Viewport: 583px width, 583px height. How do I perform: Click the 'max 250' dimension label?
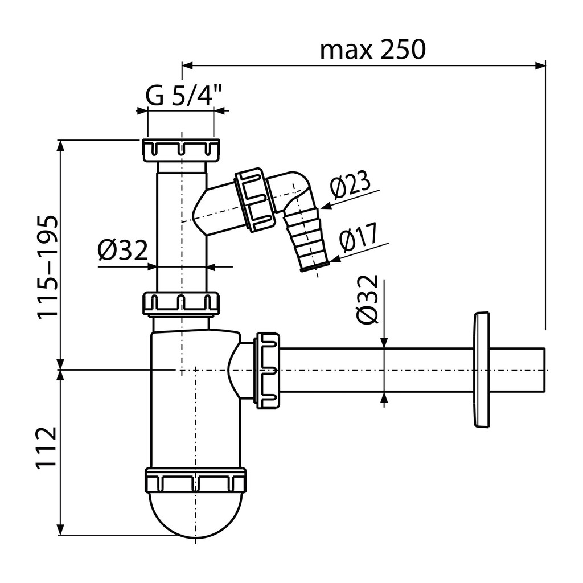click(x=372, y=50)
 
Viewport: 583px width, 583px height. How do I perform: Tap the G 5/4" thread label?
click(x=183, y=96)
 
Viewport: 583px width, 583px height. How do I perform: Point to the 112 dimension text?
click(x=46, y=448)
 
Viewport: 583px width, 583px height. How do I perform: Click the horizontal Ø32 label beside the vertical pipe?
click(x=123, y=250)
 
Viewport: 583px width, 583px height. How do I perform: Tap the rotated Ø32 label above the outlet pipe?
click(x=367, y=299)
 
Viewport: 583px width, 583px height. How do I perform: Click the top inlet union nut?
click(x=180, y=150)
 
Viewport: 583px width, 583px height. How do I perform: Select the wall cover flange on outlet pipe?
click(x=482, y=370)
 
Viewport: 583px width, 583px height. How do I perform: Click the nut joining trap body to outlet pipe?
click(x=266, y=370)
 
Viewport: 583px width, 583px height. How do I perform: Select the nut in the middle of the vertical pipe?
click(x=180, y=304)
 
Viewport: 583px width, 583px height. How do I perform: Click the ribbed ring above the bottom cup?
click(x=196, y=481)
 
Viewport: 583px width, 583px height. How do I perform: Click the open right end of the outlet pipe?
click(x=544, y=370)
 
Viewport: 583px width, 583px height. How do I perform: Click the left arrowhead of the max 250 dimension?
click(x=187, y=66)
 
